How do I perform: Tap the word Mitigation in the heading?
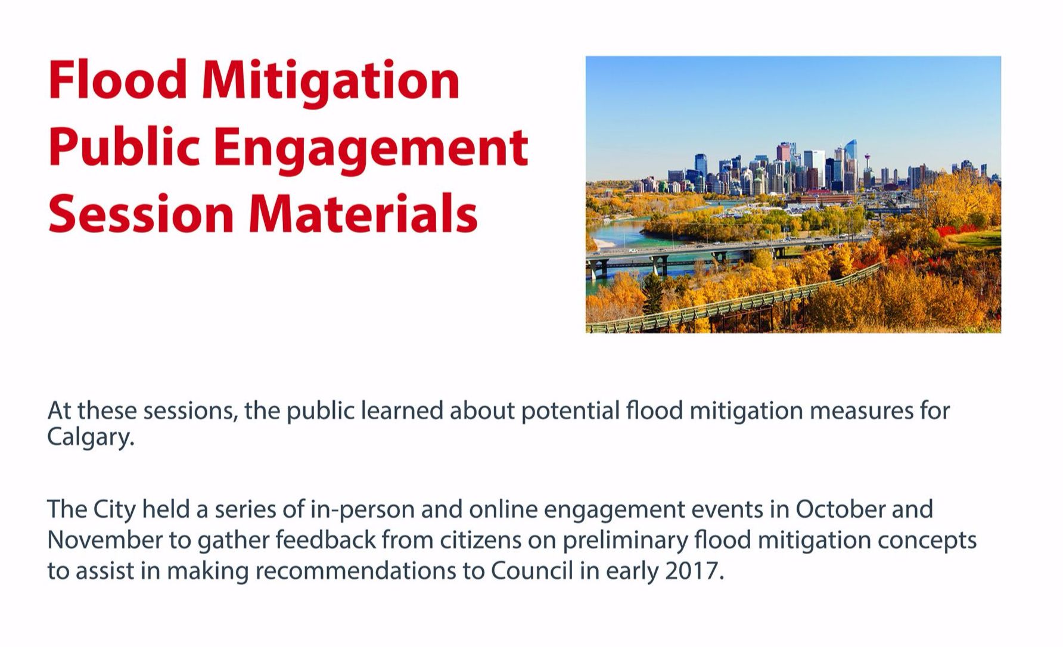331,83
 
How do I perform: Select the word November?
105,540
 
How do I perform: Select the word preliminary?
625,541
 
